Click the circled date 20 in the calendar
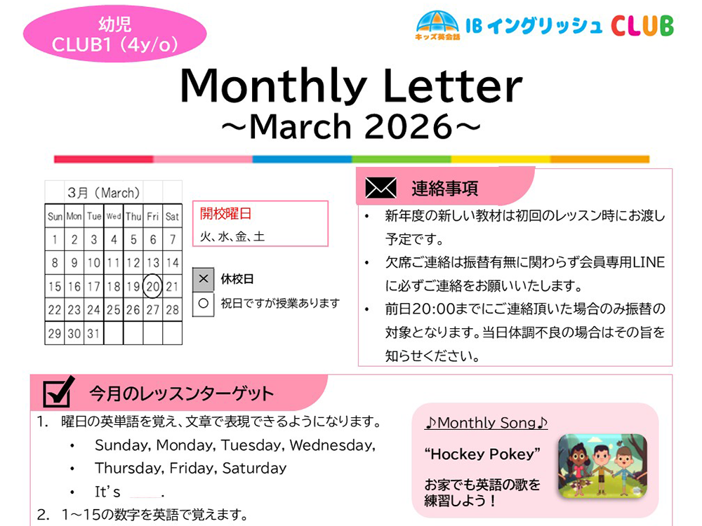click(153, 286)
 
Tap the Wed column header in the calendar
click(114, 217)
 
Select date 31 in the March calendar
click(94, 334)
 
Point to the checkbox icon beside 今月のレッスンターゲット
click(59, 392)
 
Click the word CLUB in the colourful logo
click(642, 25)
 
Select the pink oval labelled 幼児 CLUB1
click(115, 34)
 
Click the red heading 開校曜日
click(225, 214)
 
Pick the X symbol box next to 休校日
click(204, 279)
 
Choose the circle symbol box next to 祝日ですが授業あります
click(204, 304)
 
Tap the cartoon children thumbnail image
click(602, 464)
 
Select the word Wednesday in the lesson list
click(331, 445)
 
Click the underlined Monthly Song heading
click(486, 423)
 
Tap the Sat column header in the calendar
click(173, 217)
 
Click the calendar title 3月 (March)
click(104, 192)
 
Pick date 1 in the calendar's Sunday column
click(55, 240)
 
